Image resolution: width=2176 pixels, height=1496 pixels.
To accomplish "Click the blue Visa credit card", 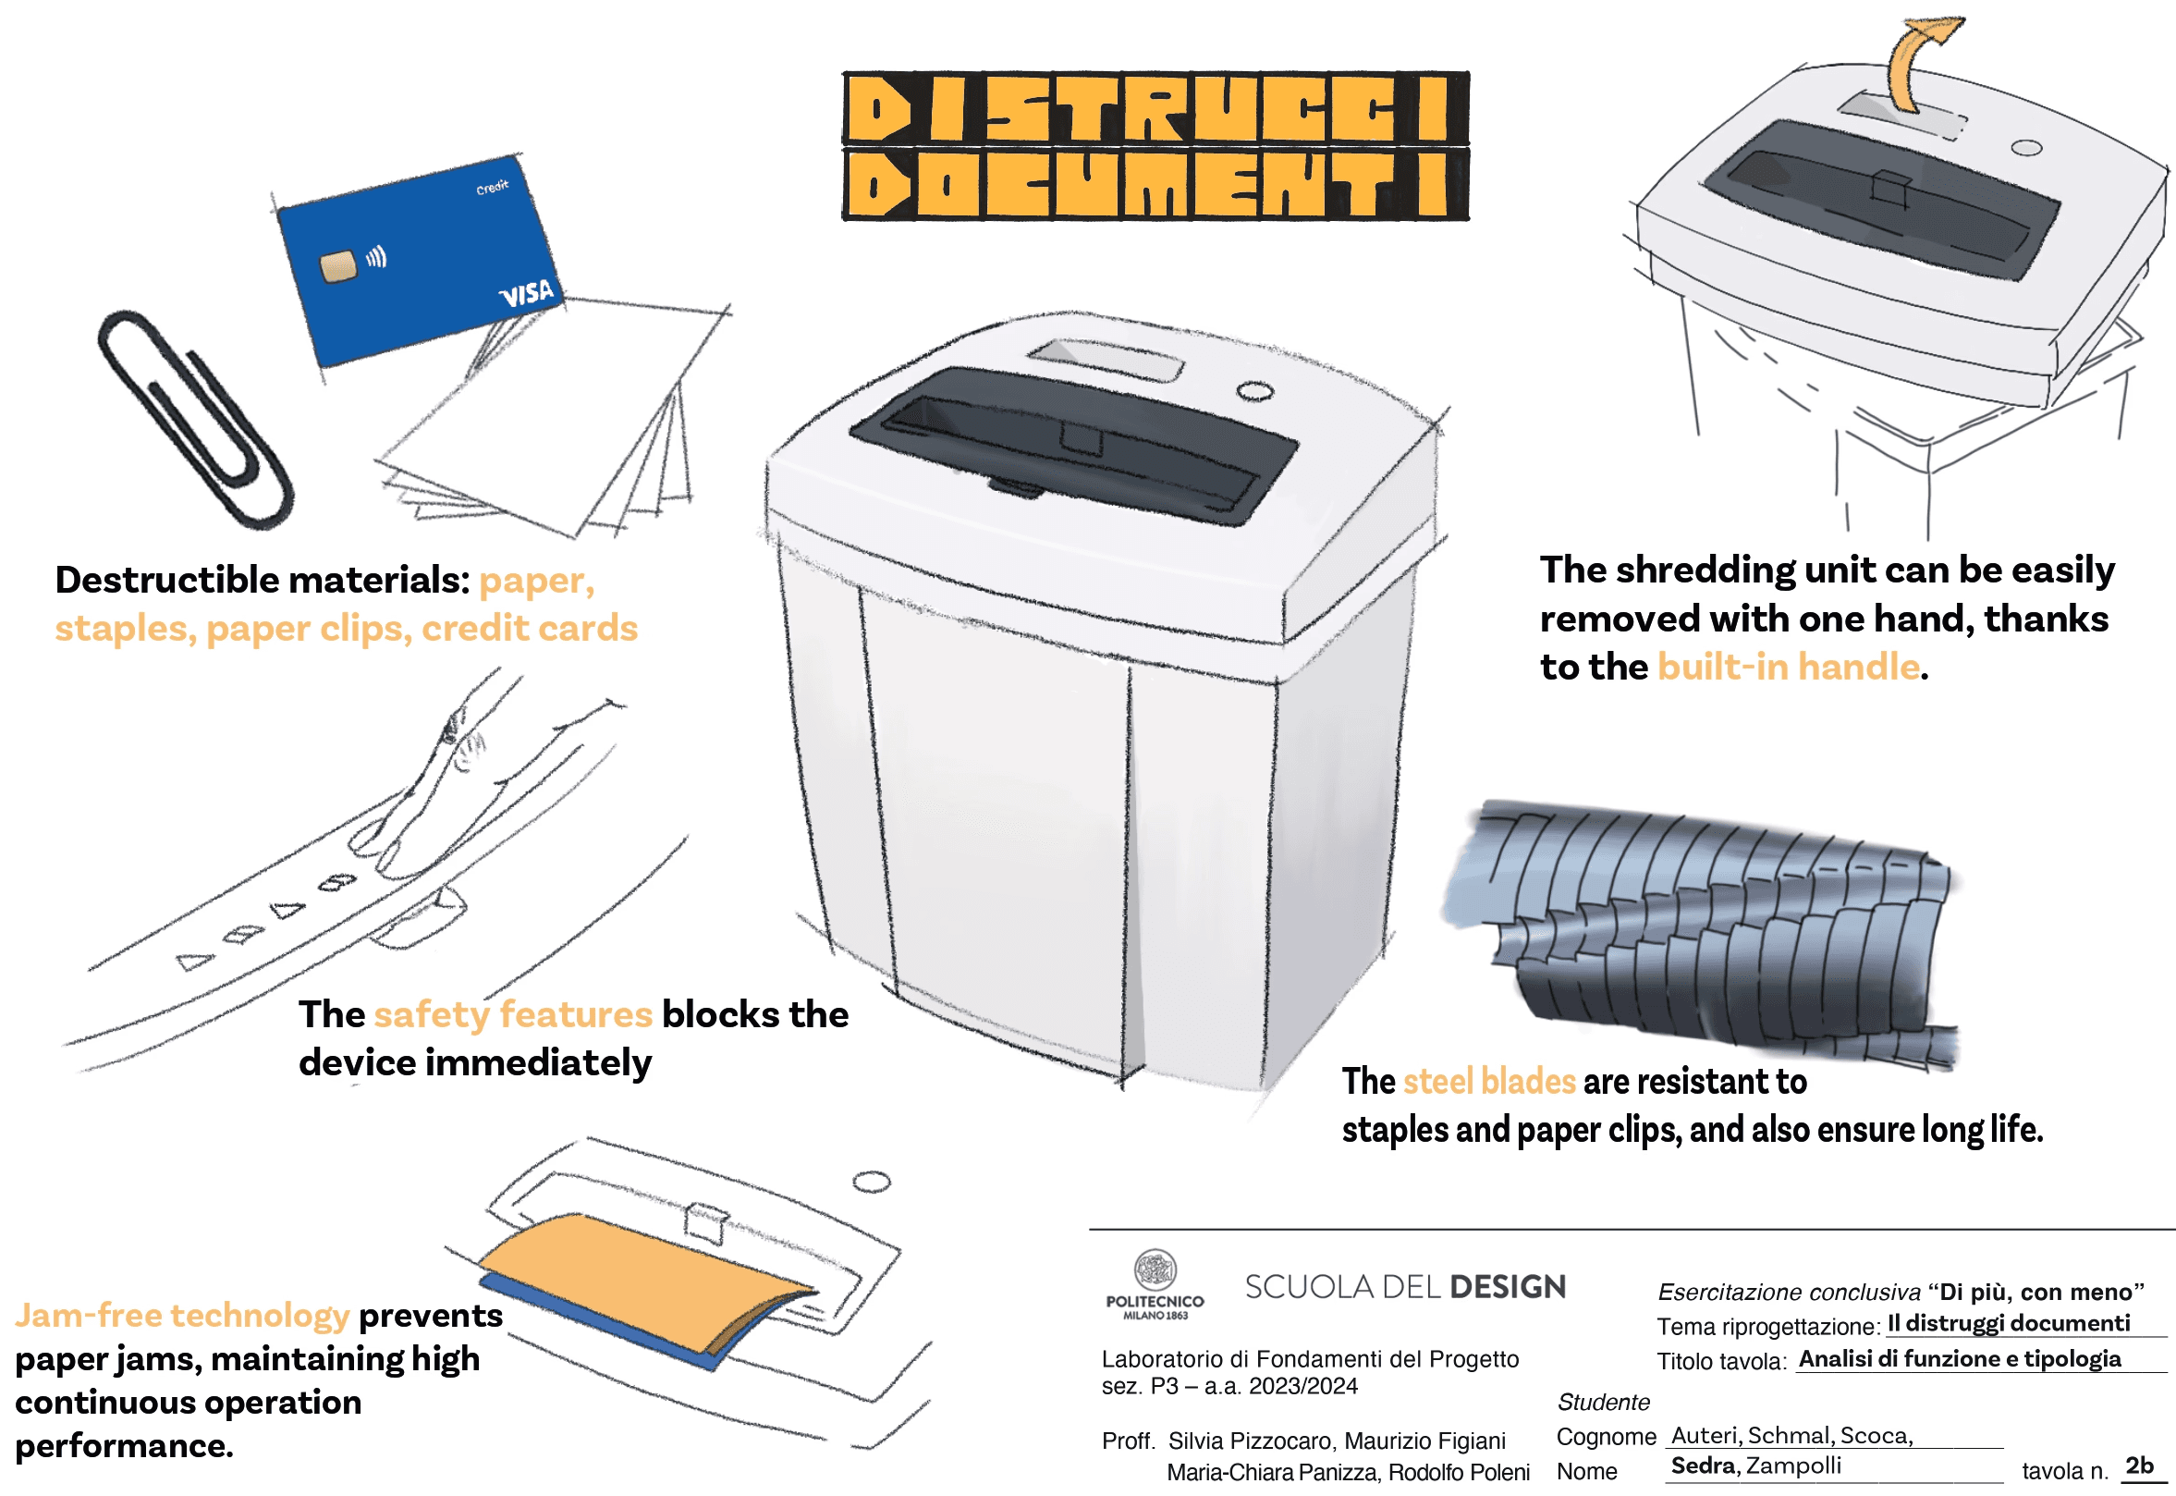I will click(x=422, y=263).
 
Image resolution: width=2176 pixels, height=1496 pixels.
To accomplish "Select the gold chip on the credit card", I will click(x=338, y=266).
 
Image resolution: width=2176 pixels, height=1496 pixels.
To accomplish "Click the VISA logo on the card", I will click(x=527, y=294).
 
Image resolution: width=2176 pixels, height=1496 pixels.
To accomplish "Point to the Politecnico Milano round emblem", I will click(x=1155, y=1271).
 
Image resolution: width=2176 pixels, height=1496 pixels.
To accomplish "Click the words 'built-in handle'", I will click(x=1788, y=668).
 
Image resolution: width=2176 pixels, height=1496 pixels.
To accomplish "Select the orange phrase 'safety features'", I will click(x=513, y=1015).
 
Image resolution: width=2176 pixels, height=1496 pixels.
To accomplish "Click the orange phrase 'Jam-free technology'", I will click(x=182, y=1316).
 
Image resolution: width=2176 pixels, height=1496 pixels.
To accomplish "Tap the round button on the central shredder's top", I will click(x=1254, y=391).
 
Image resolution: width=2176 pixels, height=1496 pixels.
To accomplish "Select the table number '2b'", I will click(x=2139, y=1465).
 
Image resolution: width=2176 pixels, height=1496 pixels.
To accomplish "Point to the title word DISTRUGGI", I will click(x=1155, y=108).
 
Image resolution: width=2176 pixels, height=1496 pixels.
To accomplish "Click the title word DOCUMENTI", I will click(x=1155, y=184).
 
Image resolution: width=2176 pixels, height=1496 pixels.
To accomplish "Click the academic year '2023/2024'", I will click(x=1302, y=1387).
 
